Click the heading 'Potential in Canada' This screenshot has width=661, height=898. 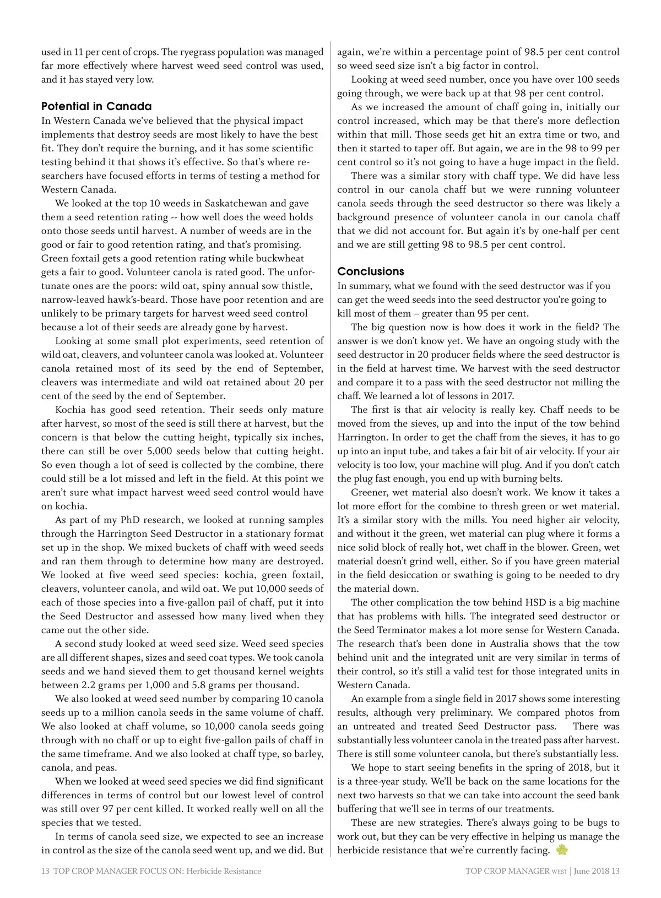click(96, 106)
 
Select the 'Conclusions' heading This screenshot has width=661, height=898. click(371, 271)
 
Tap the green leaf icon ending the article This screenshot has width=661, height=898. click(562, 850)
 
